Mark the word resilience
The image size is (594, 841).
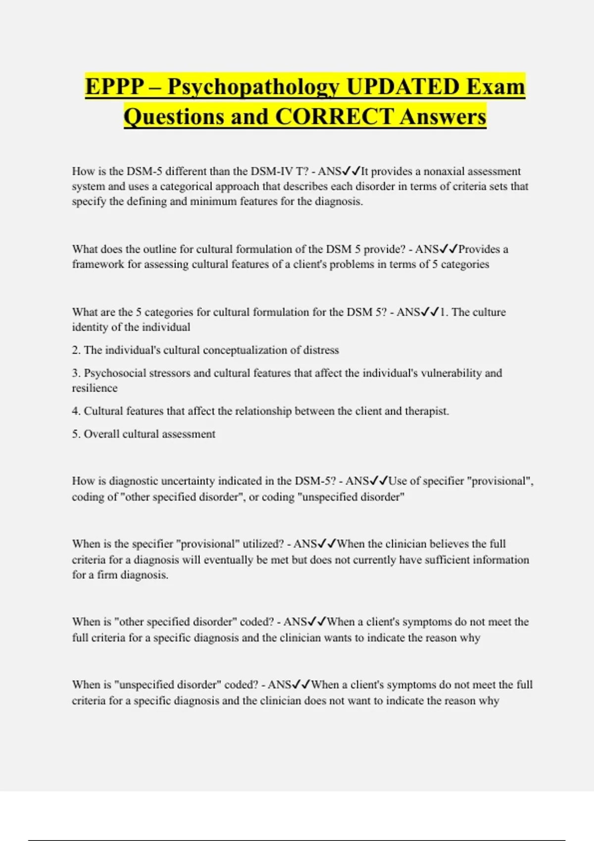point(95,388)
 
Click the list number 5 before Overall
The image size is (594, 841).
point(76,434)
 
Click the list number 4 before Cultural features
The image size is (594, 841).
point(76,411)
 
